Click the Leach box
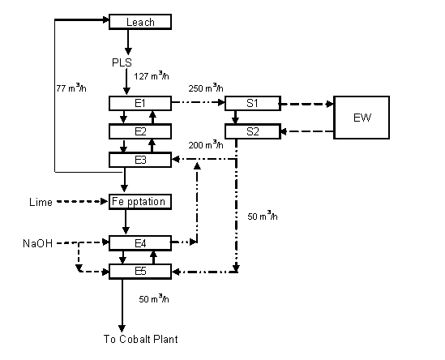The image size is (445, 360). [x=140, y=22]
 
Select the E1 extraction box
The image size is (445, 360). [x=140, y=103]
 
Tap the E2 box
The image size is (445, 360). [x=140, y=131]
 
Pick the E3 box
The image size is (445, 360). [x=140, y=160]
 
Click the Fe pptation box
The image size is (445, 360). [x=140, y=202]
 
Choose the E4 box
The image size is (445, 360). [x=140, y=243]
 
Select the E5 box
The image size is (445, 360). [x=140, y=272]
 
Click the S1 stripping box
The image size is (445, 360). [x=253, y=103]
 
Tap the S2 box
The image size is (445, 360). [x=253, y=131]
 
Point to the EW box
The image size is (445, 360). [x=362, y=118]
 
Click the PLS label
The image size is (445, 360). [x=122, y=62]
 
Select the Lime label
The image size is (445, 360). [x=41, y=202]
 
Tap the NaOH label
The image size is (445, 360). [x=38, y=243]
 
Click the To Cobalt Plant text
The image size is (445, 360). [x=141, y=339]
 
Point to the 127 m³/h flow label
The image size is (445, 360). [x=152, y=75]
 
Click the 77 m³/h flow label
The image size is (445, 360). [x=71, y=88]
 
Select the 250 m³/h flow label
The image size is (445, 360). [x=206, y=88]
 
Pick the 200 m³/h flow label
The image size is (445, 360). [x=206, y=145]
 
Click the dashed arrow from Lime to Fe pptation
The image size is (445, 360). [x=83, y=202]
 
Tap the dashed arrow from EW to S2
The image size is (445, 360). [x=307, y=131]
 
